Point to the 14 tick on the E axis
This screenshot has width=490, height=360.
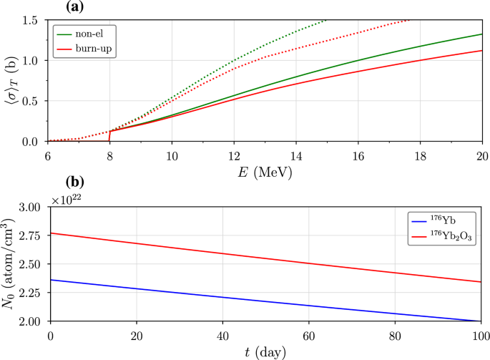click(295, 152)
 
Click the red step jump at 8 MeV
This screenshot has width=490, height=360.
click(109, 136)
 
